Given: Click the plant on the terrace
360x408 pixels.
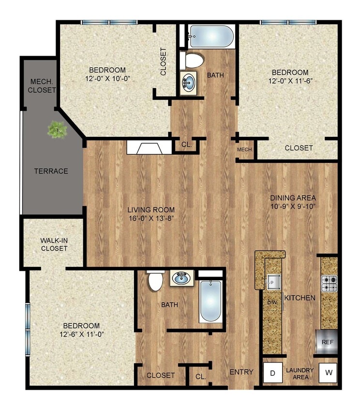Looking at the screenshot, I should pos(58,130).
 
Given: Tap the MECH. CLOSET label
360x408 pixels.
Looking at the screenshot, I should pos(42,86).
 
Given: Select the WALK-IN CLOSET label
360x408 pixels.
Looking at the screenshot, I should pos(54,244).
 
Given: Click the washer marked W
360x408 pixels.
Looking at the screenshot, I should pos(329,373).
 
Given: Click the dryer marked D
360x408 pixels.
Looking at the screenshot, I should pos(272,373).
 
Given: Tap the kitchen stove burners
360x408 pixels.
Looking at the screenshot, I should pos(330,283).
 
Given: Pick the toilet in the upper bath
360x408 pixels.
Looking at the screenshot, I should pos(194,61).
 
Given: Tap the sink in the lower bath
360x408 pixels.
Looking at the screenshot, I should pos(182,278).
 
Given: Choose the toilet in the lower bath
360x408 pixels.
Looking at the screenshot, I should pos(156,281).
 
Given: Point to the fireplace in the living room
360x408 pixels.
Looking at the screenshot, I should pos(149,147).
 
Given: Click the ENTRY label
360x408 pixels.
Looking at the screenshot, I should pos(241,372).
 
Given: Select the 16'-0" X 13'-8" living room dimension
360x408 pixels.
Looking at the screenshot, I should pos(151,218).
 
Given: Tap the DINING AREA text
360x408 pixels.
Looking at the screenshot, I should pos(293,198).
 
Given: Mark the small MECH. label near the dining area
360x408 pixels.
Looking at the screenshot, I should pos(245,150).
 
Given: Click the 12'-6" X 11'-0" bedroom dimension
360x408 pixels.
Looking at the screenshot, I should pos(80,334).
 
